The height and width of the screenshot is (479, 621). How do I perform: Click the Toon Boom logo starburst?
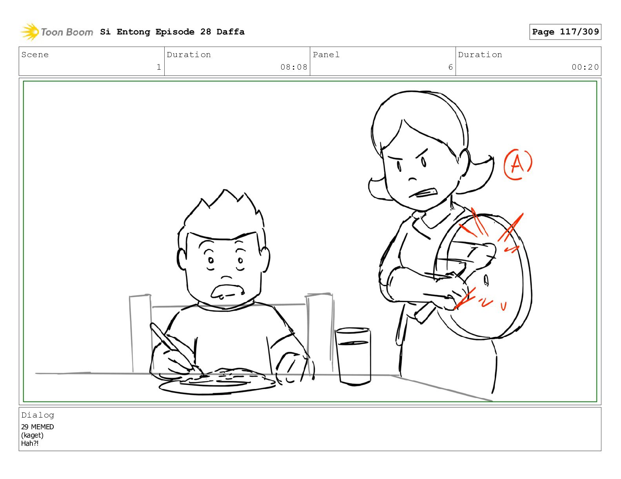pyautogui.click(x=30, y=32)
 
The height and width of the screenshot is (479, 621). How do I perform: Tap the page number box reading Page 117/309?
pyautogui.click(x=565, y=32)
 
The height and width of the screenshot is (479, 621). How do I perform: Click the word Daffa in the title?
pyautogui.click(x=231, y=32)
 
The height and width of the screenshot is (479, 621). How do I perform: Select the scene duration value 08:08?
pyautogui.click(x=294, y=67)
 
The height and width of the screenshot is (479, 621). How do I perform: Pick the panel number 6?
pyautogui.click(x=450, y=67)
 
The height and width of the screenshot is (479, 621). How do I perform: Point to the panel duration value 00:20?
pyautogui.click(x=585, y=67)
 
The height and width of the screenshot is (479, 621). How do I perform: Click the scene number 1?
pyautogui.click(x=159, y=67)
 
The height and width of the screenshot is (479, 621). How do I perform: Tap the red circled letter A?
pyautogui.click(x=518, y=164)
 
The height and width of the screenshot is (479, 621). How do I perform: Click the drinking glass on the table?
pyautogui.click(x=353, y=357)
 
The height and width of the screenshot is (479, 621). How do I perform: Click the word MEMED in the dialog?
pyautogui.click(x=42, y=427)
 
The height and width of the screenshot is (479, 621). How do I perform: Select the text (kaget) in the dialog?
pyautogui.click(x=32, y=435)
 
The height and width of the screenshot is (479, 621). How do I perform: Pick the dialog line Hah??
pyautogui.click(x=30, y=443)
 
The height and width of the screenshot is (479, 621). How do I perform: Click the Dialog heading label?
pyautogui.click(x=38, y=415)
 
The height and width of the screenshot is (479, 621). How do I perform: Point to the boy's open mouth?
pyautogui.click(x=227, y=291)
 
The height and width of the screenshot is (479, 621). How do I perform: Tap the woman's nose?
pyautogui.click(x=413, y=179)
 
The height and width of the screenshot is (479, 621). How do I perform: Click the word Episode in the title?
pyautogui.click(x=175, y=32)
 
